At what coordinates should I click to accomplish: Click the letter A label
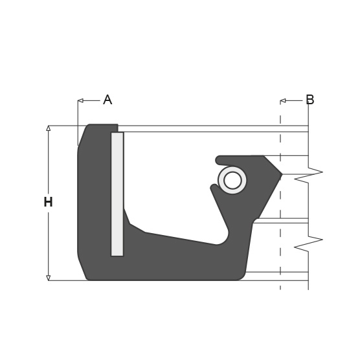click(107, 100)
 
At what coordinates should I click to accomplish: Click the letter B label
click(310, 100)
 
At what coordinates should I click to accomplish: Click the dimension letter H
click(48, 202)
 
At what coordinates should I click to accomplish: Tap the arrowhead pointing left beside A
click(80, 100)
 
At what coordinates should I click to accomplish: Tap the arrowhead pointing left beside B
click(283, 100)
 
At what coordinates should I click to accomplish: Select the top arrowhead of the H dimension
click(48, 128)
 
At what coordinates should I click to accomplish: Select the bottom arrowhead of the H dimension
click(48, 278)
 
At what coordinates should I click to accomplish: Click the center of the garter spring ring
click(232, 180)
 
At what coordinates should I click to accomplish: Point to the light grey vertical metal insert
click(117, 194)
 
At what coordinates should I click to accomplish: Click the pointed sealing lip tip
click(282, 174)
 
